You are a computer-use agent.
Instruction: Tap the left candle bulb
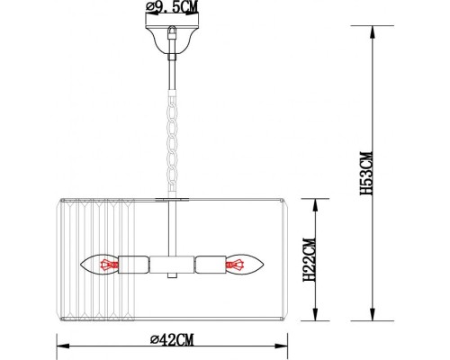(x=101, y=265)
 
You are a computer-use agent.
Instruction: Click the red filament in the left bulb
(x=110, y=265)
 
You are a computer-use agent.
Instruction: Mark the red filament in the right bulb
(x=238, y=265)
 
